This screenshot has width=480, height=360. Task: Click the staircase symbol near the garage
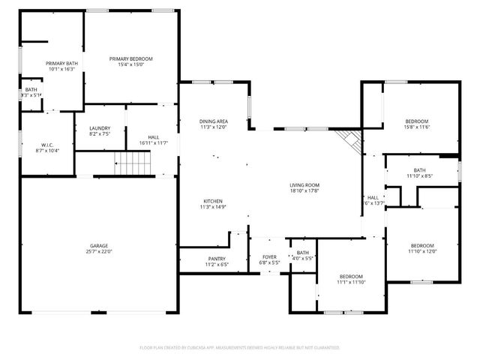132,162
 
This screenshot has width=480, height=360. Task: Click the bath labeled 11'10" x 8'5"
419,173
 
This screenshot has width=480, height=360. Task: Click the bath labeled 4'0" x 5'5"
303,256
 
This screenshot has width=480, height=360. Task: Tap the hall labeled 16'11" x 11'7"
153,139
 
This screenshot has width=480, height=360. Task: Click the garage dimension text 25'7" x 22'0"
98,251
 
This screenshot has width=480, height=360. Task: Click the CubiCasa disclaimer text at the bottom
240,348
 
